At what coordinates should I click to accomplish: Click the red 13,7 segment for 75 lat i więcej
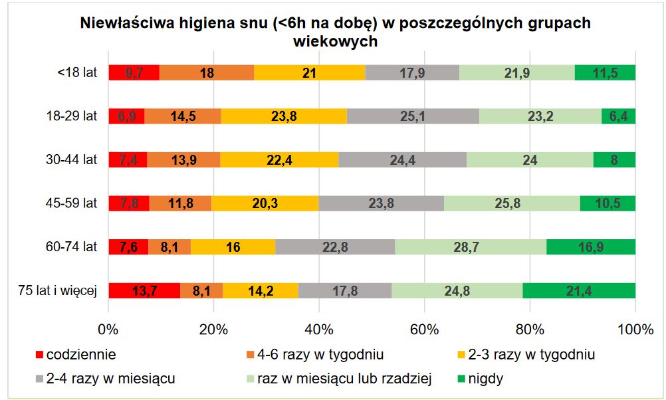click(x=144, y=290)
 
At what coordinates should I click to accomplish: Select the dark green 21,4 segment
click(x=579, y=290)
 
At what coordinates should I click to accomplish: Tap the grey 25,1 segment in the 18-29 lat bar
click(x=413, y=116)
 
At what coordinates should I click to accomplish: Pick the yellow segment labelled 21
click(x=309, y=72)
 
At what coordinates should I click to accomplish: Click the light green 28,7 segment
click(x=471, y=247)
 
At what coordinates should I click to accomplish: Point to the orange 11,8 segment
click(x=180, y=203)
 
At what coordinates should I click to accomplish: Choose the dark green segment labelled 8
click(x=614, y=159)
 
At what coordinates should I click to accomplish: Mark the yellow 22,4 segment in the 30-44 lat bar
click(x=279, y=159)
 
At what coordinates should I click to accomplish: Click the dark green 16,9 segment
click(x=591, y=247)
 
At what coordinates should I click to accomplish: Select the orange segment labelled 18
click(x=207, y=72)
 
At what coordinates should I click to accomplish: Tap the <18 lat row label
click(x=77, y=72)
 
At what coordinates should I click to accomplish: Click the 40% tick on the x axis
click(x=319, y=329)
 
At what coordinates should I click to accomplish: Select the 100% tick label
click(x=635, y=329)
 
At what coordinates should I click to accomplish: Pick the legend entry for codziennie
click(x=80, y=354)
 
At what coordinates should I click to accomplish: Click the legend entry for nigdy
click(x=485, y=379)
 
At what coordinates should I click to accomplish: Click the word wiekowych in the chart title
click(x=335, y=41)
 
